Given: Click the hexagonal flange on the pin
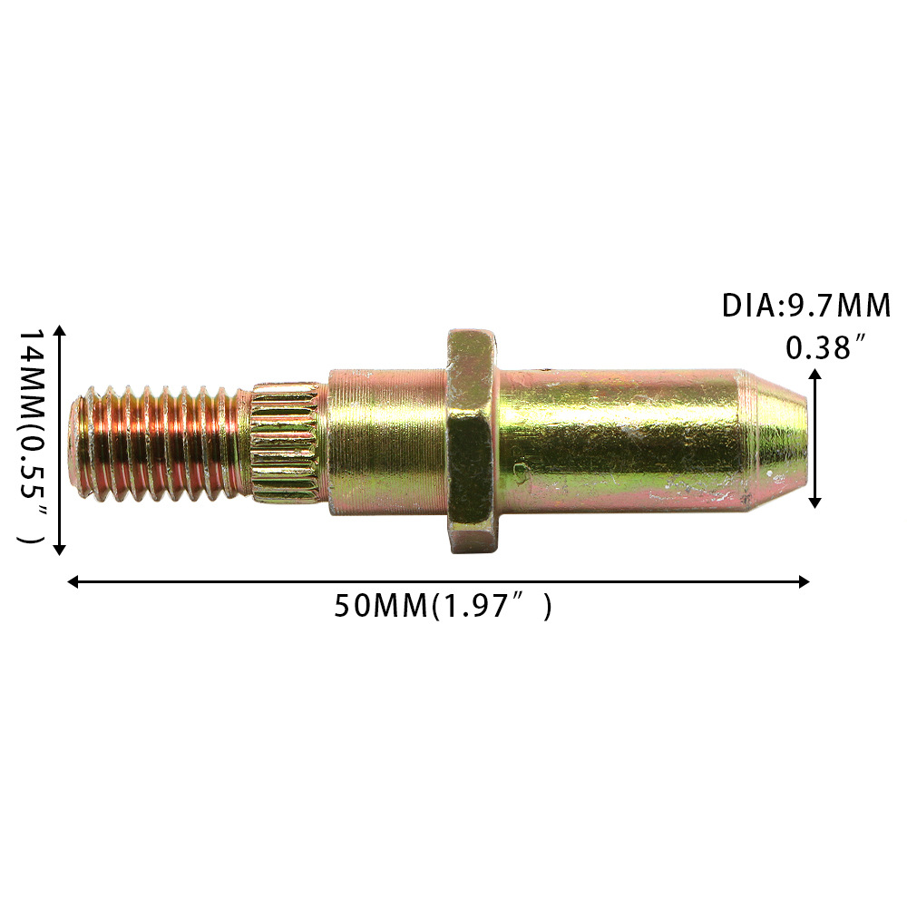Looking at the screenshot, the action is [x=472, y=441].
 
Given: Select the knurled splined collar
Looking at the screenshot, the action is [x=287, y=443].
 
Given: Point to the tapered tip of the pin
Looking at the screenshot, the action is [x=775, y=441].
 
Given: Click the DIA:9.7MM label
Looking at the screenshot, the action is [x=806, y=306].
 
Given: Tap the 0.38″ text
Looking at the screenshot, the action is [x=825, y=347].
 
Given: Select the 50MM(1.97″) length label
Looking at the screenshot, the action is [x=444, y=606].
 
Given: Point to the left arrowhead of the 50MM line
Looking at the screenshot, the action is [x=73, y=581].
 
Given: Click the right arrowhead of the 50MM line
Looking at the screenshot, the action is [x=804, y=581].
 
